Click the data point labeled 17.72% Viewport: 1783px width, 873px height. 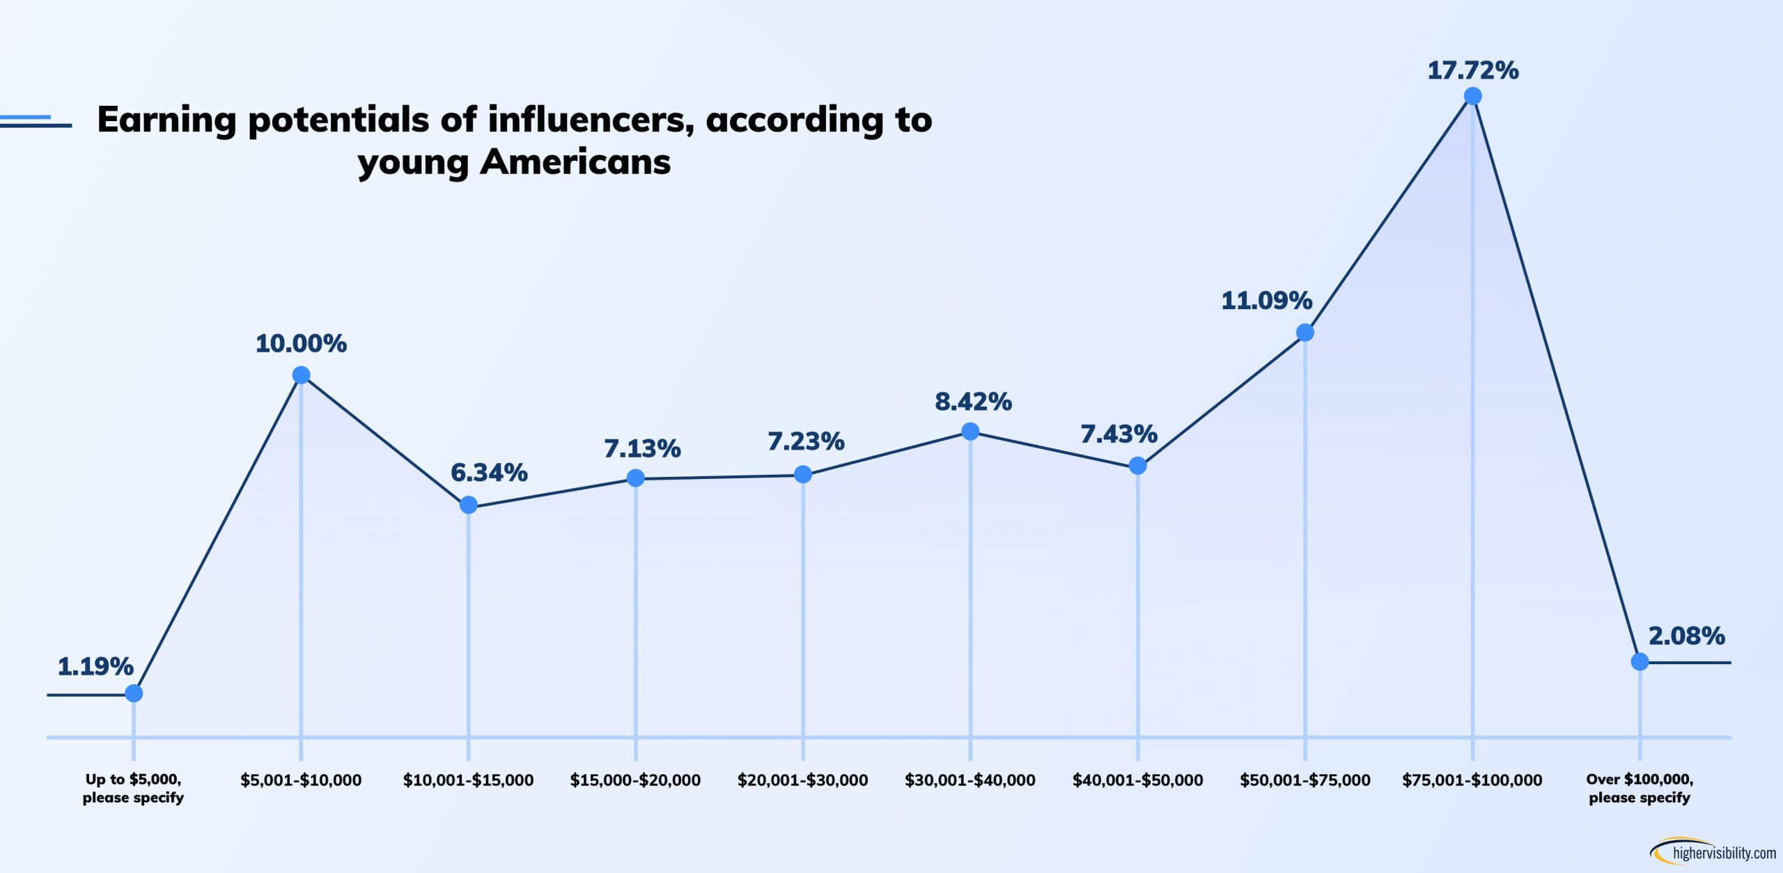coord(1472,96)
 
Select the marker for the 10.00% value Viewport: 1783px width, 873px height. coord(301,375)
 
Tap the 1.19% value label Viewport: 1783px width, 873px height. coord(95,666)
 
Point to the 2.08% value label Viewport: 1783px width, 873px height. coord(1686,635)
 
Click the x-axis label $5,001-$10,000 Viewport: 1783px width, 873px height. coord(301,780)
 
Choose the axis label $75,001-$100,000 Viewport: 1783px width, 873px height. coord(1472,780)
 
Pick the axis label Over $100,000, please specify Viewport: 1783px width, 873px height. coord(1640,788)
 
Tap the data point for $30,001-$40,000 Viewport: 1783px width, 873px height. coord(970,432)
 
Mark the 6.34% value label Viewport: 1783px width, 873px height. coord(489,473)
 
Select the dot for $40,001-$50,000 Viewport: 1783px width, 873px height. coord(1137,465)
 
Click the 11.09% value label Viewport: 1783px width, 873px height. coord(1266,301)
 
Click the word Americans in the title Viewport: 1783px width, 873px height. coord(575,162)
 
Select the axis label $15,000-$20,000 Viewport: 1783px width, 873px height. coord(635,780)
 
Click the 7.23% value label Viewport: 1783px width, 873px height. coord(806,441)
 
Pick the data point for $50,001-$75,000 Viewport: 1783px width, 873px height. coord(1305,333)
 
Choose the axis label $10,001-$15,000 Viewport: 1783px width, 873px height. coord(468,780)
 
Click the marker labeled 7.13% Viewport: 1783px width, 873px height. coord(635,478)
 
